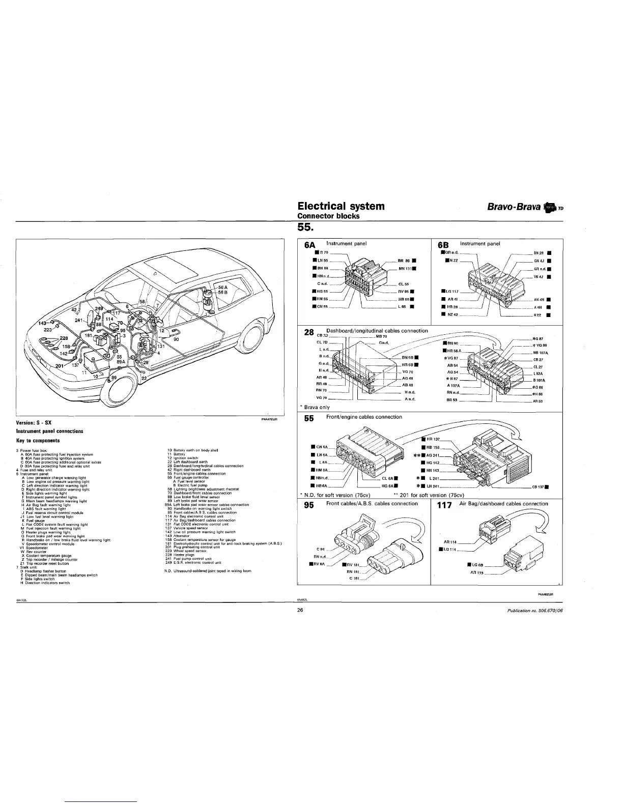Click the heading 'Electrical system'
click(341, 206)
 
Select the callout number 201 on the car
click(60, 365)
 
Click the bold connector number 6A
click(310, 245)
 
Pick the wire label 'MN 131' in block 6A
click(407, 269)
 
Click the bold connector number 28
click(308, 333)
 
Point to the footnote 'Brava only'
click(316, 407)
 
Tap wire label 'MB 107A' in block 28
click(540, 353)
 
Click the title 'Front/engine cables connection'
click(364, 417)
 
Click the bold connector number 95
click(309, 505)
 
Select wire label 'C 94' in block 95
click(321, 549)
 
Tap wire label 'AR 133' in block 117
click(476, 573)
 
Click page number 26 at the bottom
click(300, 611)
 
